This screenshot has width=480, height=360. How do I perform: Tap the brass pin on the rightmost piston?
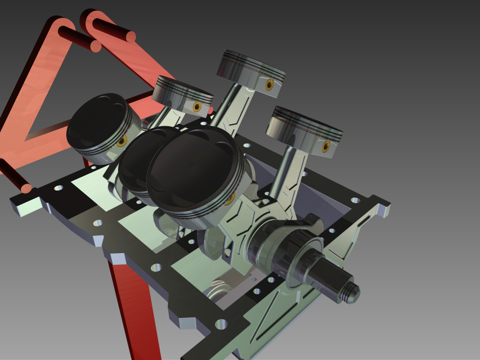tap(326, 147)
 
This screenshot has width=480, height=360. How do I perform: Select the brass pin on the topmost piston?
tap(269, 85)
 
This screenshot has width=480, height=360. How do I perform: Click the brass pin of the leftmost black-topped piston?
tap(121, 141)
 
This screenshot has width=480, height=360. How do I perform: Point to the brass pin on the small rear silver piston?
tap(196, 106)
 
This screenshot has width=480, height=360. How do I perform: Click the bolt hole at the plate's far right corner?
tap(355, 200)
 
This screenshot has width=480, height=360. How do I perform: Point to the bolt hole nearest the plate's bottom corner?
tap(221, 324)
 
